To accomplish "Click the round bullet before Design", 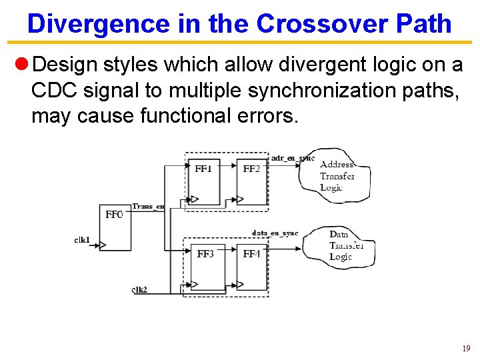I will coord(21,65).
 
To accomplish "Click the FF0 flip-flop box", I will coord(115,227).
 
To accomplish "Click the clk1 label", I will coord(83,240).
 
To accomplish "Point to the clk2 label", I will coord(139,289).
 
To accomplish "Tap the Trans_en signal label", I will coord(148,207).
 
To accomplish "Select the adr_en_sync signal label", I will coord(293,158).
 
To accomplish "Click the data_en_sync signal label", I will coord(275,233).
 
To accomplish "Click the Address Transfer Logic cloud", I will coord(335,176).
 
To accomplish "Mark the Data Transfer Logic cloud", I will coord(341,245).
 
